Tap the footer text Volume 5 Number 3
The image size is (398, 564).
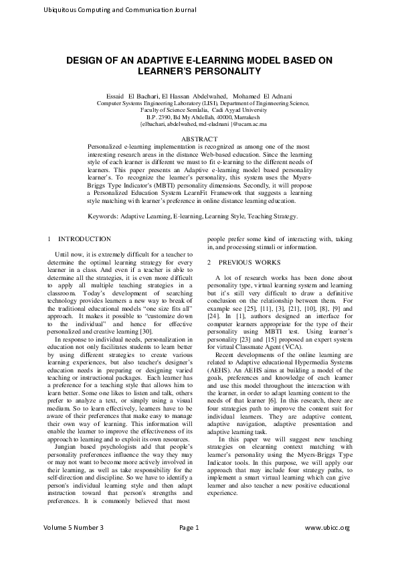click(74, 547)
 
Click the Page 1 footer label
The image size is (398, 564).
click(189, 547)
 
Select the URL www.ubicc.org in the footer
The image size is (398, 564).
click(327, 547)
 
